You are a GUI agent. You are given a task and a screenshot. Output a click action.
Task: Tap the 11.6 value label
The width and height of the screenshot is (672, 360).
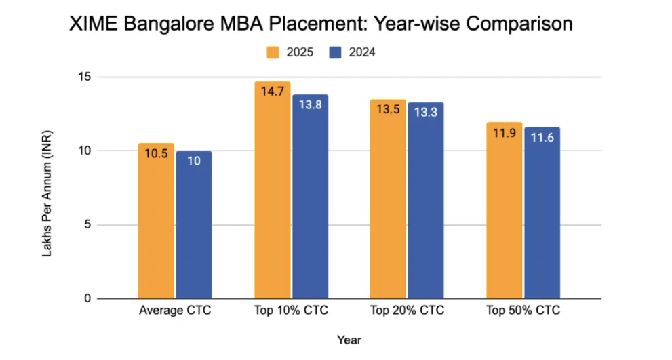click(x=542, y=138)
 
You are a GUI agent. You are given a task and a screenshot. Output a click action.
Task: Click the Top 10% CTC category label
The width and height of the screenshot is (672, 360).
click(x=291, y=311)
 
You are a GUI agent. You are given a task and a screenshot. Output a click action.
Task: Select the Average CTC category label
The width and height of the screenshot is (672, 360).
click(x=175, y=311)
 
